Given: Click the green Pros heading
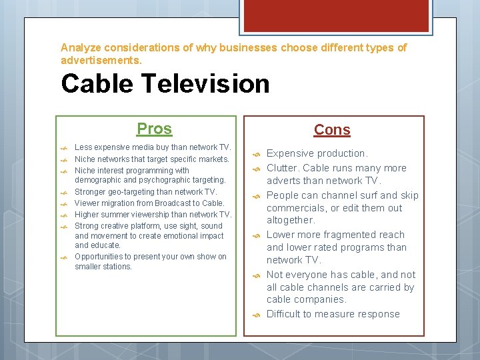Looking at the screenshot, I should coord(154,129).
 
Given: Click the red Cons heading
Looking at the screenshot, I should coord(332,130).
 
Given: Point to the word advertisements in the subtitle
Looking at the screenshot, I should coord(100,60).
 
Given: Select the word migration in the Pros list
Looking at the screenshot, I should coord(116,203).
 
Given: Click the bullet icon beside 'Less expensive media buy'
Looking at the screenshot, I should coord(65,148).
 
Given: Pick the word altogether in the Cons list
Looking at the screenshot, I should coord(290,220).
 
